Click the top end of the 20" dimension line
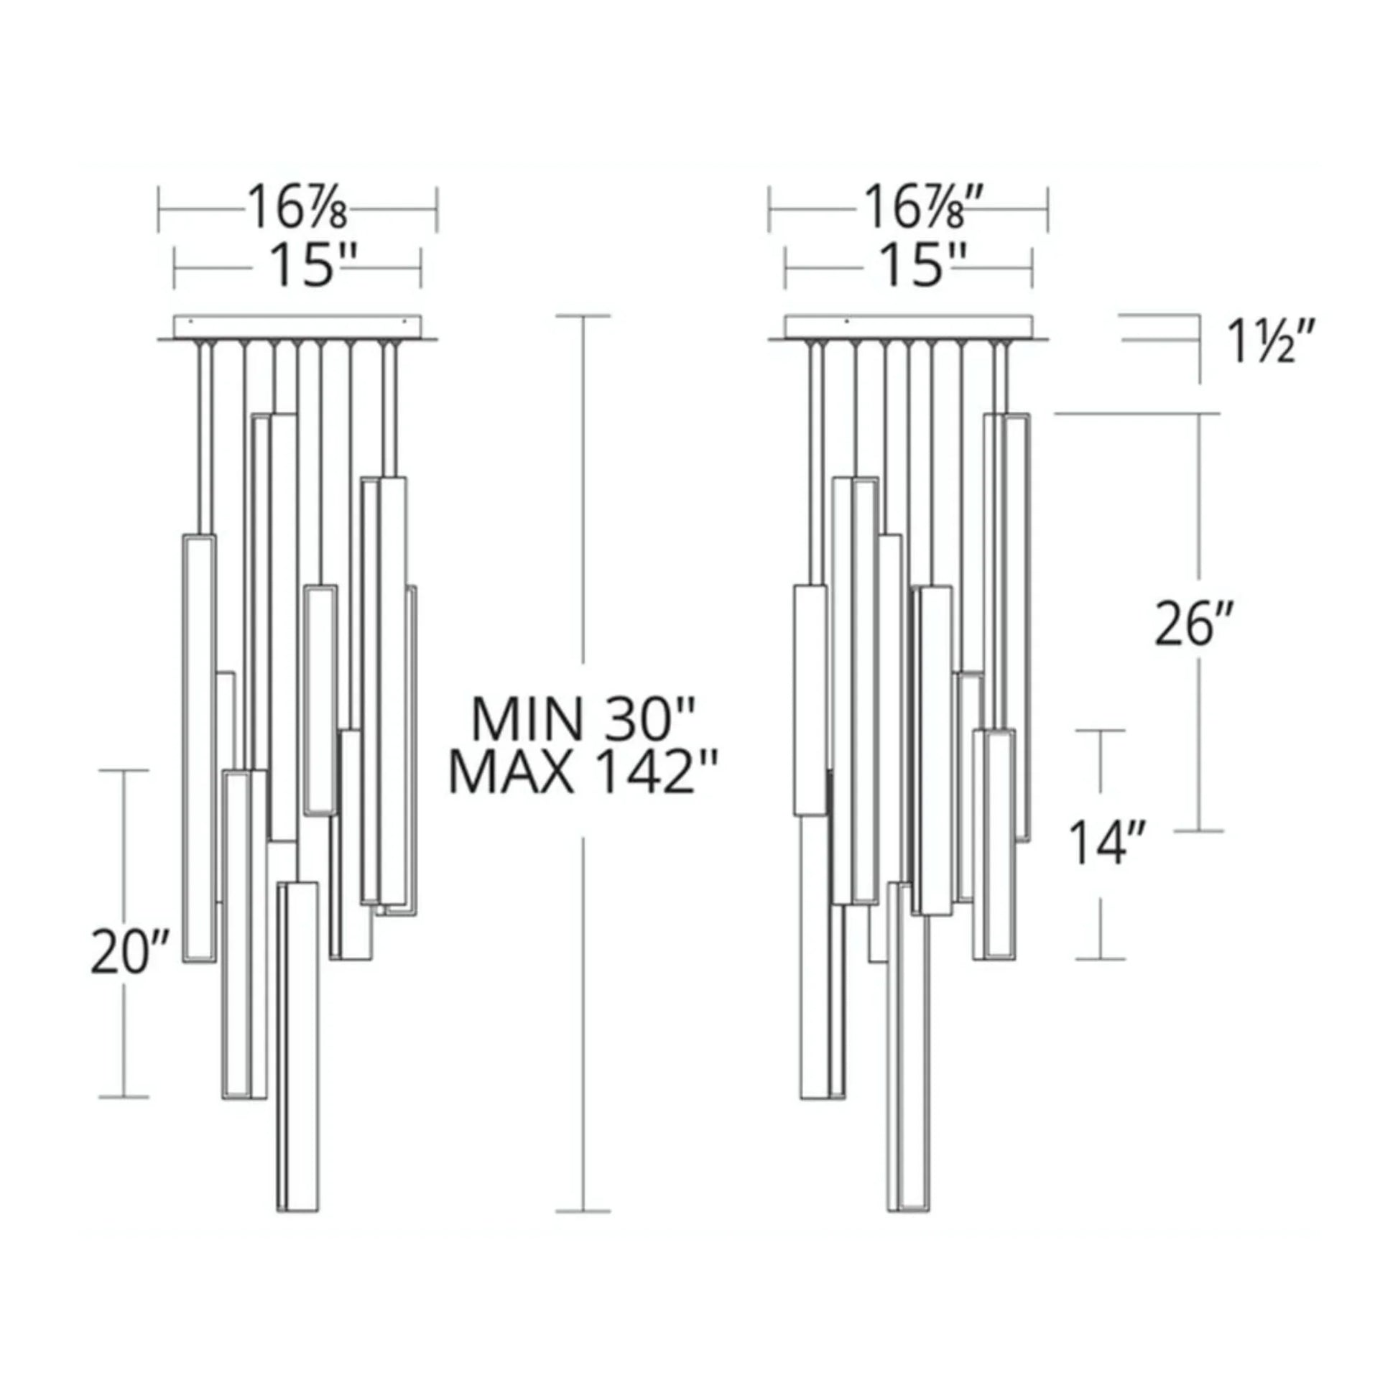click(x=124, y=771)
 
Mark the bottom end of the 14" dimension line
click(x=1101, y=959)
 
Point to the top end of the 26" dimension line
click(x=1200, y=414)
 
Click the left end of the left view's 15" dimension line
click(x=175, y=268)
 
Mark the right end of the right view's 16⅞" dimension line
click(x=1047, y=210)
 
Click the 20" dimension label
click(x=129, y=952)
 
